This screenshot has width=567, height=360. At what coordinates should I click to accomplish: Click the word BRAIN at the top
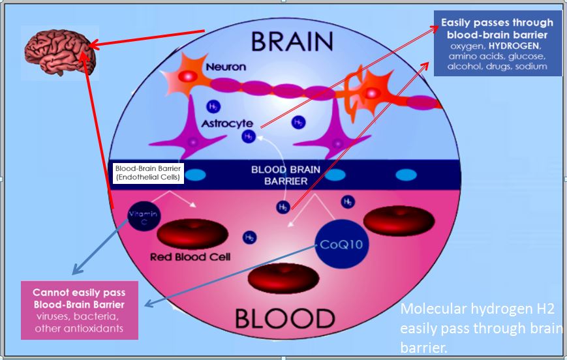293,42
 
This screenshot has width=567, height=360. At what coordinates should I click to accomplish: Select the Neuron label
226,67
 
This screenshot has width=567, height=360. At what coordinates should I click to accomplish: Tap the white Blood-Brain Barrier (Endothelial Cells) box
149,172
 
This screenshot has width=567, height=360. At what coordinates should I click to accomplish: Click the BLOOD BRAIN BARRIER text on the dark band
286,175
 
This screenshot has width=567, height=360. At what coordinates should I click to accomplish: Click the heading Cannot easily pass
79,293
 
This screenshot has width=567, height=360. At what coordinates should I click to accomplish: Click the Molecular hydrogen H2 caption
480,309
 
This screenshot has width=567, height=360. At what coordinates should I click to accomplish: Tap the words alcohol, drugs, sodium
498,67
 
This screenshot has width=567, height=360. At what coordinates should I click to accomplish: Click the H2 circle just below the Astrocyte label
249,136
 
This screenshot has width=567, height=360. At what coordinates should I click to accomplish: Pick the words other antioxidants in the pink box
79,328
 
